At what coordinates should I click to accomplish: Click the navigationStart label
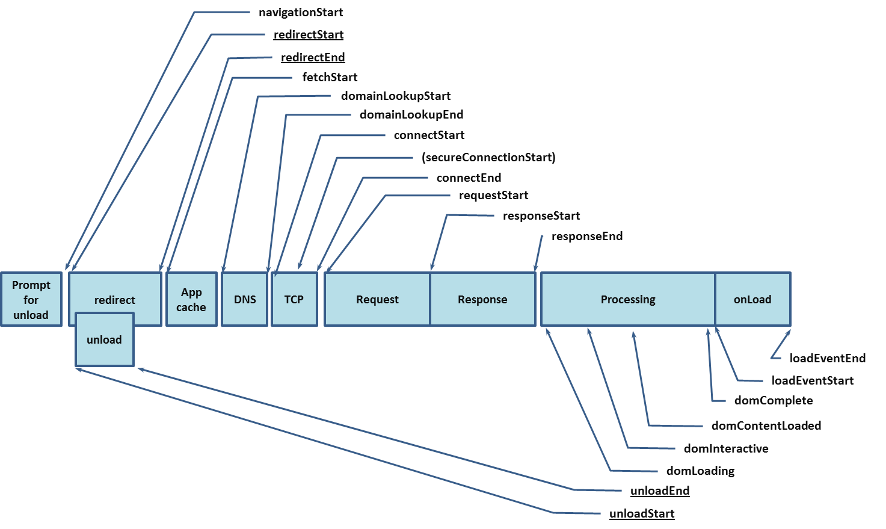point(301,12)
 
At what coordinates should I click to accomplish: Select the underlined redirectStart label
point(309,35)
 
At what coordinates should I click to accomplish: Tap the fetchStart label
point(330,77)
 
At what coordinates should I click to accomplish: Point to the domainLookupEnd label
point(411,114)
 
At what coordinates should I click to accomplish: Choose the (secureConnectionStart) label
point(488,157)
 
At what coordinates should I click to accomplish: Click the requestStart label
point(493,195)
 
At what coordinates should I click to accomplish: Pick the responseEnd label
point(587,236)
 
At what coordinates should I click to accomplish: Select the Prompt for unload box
point(31,300)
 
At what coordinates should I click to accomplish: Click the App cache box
point(191,300)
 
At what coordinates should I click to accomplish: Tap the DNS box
point(245,300)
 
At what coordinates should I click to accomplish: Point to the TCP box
point(294,300)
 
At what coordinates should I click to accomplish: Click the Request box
point(377,300)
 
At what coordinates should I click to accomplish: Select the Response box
point(482,300)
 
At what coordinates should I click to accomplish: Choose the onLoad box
point(752,300)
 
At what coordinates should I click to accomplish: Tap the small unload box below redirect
point(104,340)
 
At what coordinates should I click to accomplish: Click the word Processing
point(628,300)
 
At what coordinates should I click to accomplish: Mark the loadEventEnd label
point(828,358)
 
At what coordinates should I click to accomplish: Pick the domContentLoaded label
point(766,425)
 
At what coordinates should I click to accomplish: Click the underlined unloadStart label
point(642,513)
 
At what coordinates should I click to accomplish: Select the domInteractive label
point(726,448)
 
